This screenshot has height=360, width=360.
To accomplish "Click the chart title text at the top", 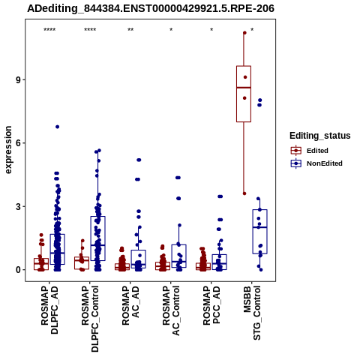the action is pyautogui.click(x=151, y=8).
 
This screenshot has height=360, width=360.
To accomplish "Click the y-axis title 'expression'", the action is pyautogui.click(x=8, y=150).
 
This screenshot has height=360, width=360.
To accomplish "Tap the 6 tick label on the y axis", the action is pyautogui.click(x=18, y=143).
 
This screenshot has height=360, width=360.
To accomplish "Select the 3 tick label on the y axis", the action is pyautogui.click(x=18, y=207).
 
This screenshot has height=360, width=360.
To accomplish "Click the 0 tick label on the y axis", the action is pyautogui.click(x=18, y=270).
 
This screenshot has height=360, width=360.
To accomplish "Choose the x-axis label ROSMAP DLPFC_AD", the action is pyautogui.click(x=49, y=310).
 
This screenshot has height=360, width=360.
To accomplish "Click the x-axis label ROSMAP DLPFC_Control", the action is pyautogui.click(x=90, y=319).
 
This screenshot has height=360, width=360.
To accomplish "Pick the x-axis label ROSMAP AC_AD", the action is pyautogui.click(x=130, y=305).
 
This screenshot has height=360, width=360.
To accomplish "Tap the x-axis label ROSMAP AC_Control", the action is pyautogui.click(x=171, y=310).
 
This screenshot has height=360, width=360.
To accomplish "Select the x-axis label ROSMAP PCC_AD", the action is pyautogui.click(x=211, y=305).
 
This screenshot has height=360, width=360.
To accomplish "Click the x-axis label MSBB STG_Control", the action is pyautogui.click(x=252, y=313).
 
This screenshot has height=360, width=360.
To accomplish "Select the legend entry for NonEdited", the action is pyautogui.click(x=316, y=163).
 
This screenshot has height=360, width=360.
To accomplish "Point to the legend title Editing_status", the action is pyautogui.click(x=320, y=136).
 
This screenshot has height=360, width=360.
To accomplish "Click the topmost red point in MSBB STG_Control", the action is pyautogui.click(x=244, y=33).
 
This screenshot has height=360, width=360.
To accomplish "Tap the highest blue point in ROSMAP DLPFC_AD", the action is pyautogui.click(x=58, y=127).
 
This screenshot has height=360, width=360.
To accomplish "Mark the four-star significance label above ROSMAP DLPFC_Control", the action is pyautogui.click(x=90, y=30).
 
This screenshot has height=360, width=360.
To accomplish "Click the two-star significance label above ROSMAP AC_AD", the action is pyautogui.click(x=130, y=30).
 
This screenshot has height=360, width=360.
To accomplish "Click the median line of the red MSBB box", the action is pyautogui.click(x=244, y=88).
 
